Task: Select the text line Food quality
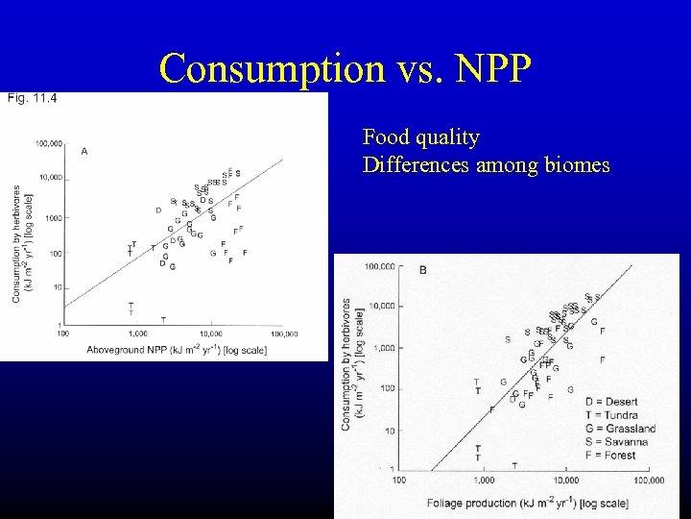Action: (x=421, y=137)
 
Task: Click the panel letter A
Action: (x=84, y=151)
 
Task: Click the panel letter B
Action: (x=422, y=270)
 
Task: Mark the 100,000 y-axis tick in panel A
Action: (x=49, y=143)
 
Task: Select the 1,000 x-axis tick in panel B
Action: (x=483, y=479)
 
